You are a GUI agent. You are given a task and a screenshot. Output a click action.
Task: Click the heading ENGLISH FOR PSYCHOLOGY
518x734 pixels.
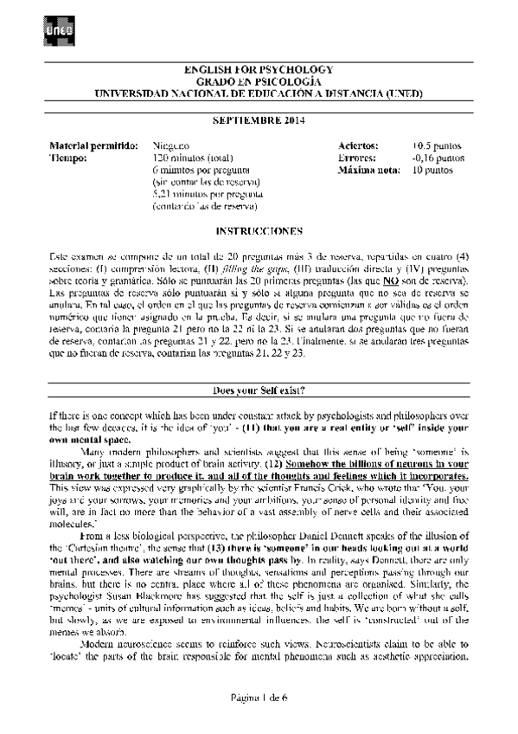coord(259,68)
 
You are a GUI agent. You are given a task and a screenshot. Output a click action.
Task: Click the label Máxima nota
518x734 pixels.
coord(366,171)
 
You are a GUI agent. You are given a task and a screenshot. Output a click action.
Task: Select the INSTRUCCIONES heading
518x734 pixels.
coord(259,232)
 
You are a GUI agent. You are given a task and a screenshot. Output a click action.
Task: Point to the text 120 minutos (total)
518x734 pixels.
coord(189,159)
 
